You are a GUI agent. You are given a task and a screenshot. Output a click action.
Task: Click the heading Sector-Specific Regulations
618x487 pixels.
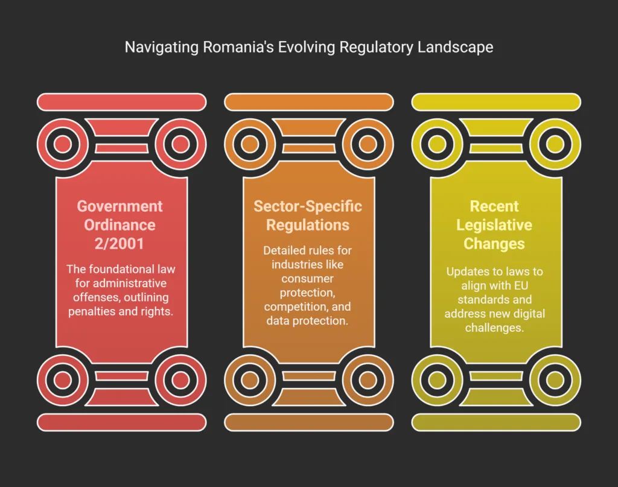[x=308, y=215]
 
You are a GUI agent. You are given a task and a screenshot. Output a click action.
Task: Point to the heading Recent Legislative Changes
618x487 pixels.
[x=494, y=224]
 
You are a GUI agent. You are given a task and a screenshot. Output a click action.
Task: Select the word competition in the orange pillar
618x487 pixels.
[x=290, y=307]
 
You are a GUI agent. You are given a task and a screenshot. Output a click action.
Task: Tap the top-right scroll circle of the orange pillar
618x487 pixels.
[x=368, y=144]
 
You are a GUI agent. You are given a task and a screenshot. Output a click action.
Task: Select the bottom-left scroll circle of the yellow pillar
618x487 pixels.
[x=436, y=380]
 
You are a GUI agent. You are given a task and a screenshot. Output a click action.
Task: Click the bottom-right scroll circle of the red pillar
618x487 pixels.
[x=180, y=380]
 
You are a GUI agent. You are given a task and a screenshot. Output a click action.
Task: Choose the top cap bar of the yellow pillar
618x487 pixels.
[x=496, y=102]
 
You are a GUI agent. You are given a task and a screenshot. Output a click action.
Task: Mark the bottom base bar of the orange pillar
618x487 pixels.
[x=308, y=422]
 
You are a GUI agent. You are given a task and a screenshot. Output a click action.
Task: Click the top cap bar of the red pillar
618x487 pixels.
[x=121, y=102]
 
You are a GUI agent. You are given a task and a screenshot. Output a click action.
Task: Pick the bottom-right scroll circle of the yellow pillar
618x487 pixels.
[x=555, y=380]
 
